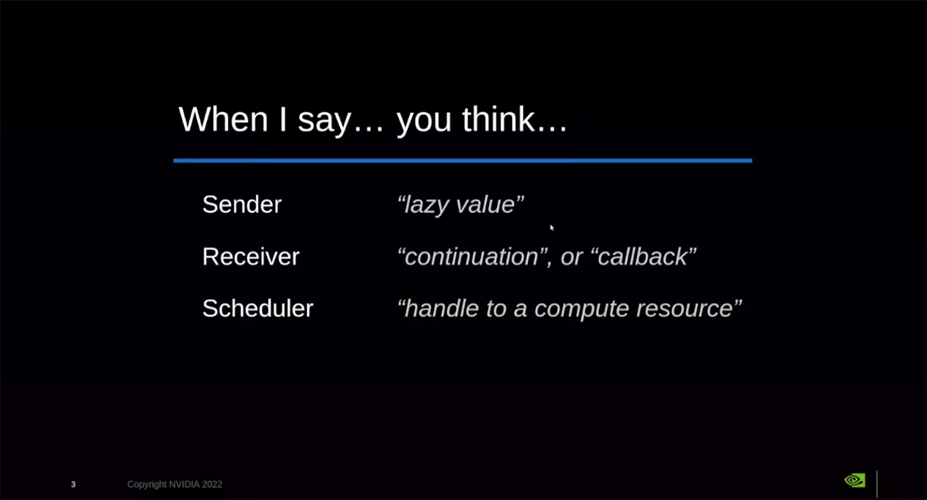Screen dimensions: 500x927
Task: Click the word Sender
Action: coord(242,204)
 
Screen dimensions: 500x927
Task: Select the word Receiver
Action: coord(251,257)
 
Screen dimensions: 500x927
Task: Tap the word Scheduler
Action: coord(258,309)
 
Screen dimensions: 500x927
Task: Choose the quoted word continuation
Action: coord(471,257)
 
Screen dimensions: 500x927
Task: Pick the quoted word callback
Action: coord(643,257)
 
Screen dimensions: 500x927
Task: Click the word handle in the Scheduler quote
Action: coord(441,309)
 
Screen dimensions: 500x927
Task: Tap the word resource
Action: coord(685,309)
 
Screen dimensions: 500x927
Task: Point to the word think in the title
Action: coord(500,119)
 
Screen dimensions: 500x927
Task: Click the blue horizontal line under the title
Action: coord(463,160)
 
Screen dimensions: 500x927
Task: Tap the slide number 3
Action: coord(73,484)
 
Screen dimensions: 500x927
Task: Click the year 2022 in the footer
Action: coord(212,484)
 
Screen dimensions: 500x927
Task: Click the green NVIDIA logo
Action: coord(855,480)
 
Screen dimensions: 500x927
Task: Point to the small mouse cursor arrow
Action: coord(551,228)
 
